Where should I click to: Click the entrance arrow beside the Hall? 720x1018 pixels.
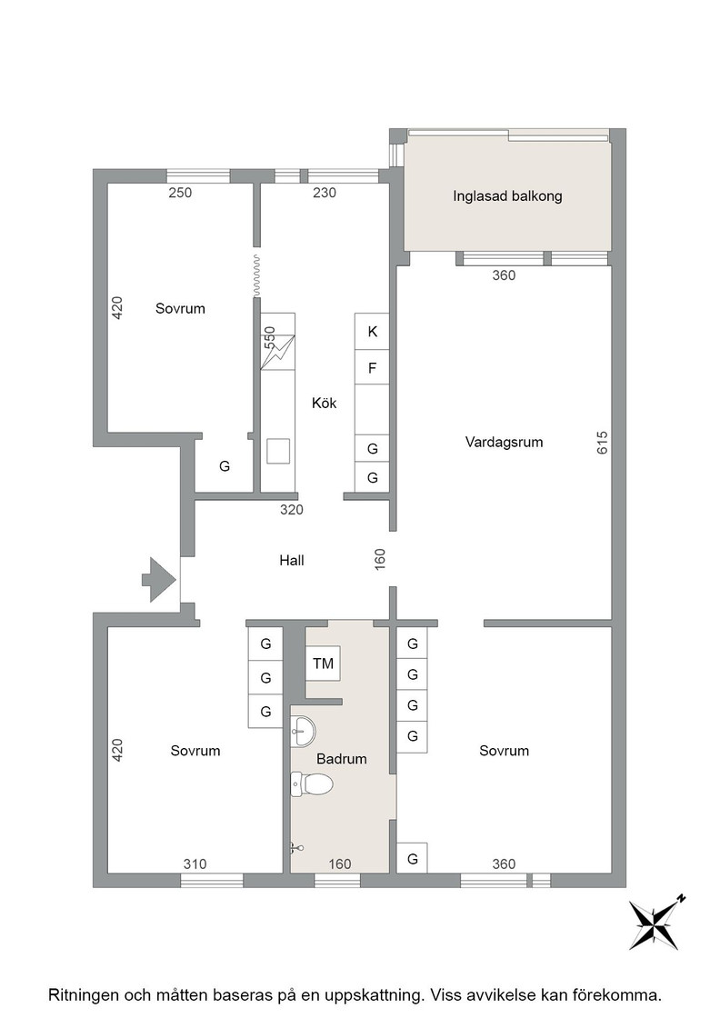pos(159,579)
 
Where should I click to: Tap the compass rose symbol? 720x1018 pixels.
pos(655,923)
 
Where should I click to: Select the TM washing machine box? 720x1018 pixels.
pos(323,664)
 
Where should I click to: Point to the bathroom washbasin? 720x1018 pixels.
pos(303,732)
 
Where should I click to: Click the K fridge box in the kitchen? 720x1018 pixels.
pos(372,332)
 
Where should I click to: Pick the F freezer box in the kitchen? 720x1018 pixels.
pos(372,368)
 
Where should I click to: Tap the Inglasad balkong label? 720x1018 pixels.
pos(507,196)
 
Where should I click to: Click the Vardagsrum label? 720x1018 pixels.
pos(504,442)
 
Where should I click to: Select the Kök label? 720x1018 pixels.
pos(324,404)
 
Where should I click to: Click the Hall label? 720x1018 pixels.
pos(292,560)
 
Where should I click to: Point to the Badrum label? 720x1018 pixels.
pos(342,758)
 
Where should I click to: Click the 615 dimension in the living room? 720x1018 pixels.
pos(602,443)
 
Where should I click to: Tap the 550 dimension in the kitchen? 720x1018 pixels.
pos(269,337)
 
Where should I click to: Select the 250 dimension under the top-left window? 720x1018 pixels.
pos(180,192)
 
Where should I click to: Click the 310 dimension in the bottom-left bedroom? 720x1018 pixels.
pos(195,863)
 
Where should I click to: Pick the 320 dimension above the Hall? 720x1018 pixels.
pos(292,510)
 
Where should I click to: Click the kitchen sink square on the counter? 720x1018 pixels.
pos(278,451)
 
